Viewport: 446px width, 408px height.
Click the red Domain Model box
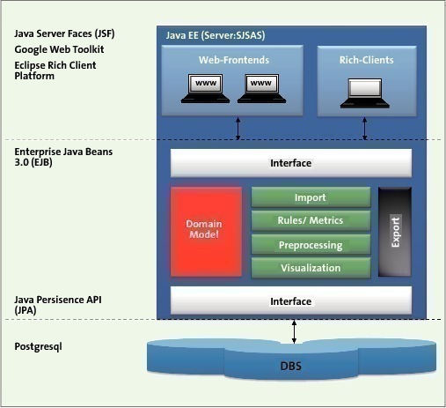206,232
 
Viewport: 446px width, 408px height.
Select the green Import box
311,197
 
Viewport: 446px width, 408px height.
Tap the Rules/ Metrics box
311,220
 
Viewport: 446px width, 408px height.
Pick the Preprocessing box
311,244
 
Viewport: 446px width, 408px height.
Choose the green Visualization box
311,268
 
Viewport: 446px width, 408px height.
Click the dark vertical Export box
395,232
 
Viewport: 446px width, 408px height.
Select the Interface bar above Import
291,163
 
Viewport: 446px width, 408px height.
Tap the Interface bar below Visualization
291,300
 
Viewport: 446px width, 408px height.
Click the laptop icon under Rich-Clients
365,93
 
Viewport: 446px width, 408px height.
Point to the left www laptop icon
205,88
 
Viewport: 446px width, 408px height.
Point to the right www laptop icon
261,88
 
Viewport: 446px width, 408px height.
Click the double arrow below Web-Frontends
238,129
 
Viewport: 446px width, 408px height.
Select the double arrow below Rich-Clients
364,129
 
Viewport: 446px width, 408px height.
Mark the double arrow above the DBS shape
294,331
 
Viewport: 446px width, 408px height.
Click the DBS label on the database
291,366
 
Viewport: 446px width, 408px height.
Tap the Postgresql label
38,347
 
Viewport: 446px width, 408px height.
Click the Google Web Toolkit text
59,49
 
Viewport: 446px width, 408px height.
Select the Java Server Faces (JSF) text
64,33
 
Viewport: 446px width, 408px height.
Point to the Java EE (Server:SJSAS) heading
216,35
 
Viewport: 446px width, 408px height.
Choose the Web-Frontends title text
234,60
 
